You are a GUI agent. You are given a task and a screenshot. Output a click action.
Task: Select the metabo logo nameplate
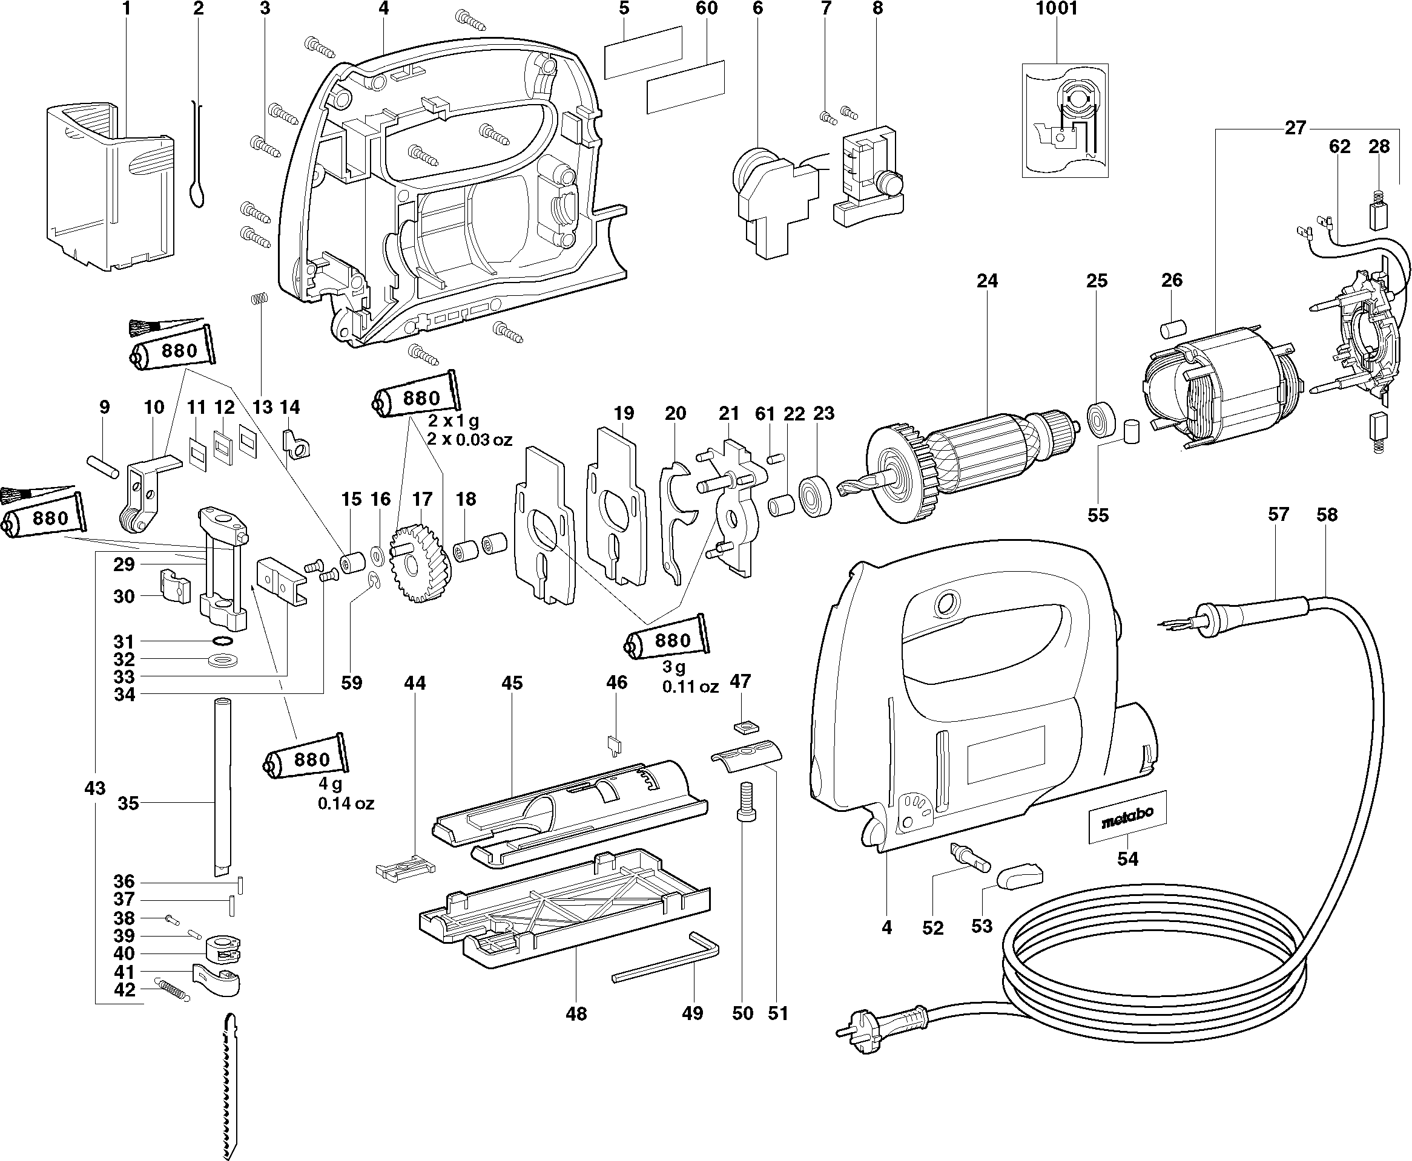click(1127, 816)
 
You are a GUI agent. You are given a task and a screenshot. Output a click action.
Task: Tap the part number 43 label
click(95, 788)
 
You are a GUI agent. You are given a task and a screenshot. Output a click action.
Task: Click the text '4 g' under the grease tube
click(330, 784)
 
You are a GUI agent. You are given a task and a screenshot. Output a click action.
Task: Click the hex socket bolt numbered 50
click(744, 802)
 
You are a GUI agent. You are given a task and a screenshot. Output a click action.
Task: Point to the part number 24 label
click(987, 281)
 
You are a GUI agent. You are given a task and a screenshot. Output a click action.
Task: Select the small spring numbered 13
click(259, 299)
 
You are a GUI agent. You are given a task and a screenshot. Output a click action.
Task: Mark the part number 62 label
click(1339, 146)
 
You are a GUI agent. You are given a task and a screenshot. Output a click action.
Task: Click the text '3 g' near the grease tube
click(674, 667)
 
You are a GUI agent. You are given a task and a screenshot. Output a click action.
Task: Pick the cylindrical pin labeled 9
click(102, 465)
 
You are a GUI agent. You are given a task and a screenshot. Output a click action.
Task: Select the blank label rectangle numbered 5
click(643, 53)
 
